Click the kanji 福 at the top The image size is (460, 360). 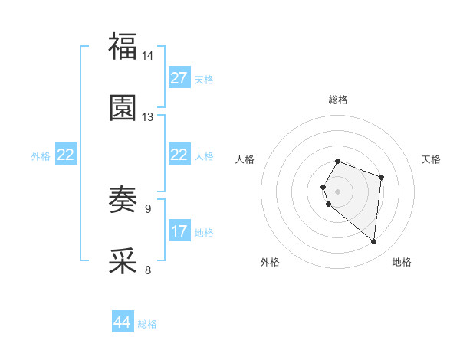[x=123, y=46]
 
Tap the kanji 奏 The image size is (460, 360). [x=123, y=200]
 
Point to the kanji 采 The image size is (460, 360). [x=123, y=260]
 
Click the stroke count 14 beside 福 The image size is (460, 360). [x=148, y=56]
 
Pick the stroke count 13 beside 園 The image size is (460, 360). [x=148, y=117]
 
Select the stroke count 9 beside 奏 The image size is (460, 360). [x=148, y=208]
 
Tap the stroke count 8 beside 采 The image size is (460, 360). [x=148, y=270]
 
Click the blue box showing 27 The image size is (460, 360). [x=179, y=78]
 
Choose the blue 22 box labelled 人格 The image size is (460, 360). [x=179, y=155]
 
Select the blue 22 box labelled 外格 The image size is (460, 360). [x=66, y=155]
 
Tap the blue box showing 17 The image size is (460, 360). [x=179, y=231]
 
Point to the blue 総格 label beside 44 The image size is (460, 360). [x=147, y=324]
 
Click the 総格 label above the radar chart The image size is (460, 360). [x=337, y=100]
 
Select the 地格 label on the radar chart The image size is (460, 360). [x=402, y=263]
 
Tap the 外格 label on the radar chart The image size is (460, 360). [x=270, y=263]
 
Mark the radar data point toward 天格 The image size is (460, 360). [x=381, y=177]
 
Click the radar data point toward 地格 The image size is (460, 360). [x=373, y=242]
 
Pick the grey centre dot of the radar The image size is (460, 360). [x=337, y=190]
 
